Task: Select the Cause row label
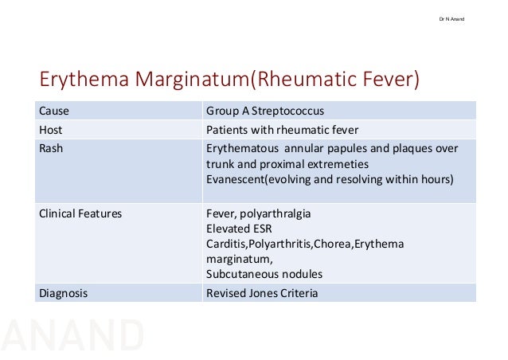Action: click(x=54, y=112)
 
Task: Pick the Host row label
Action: click(x=51, y=130)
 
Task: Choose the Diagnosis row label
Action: click(x=64, y=293)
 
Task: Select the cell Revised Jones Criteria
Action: click(x=261, y=293)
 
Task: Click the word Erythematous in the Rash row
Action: click(x=241, y=148)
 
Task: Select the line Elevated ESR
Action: click(x=235, y=228)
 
